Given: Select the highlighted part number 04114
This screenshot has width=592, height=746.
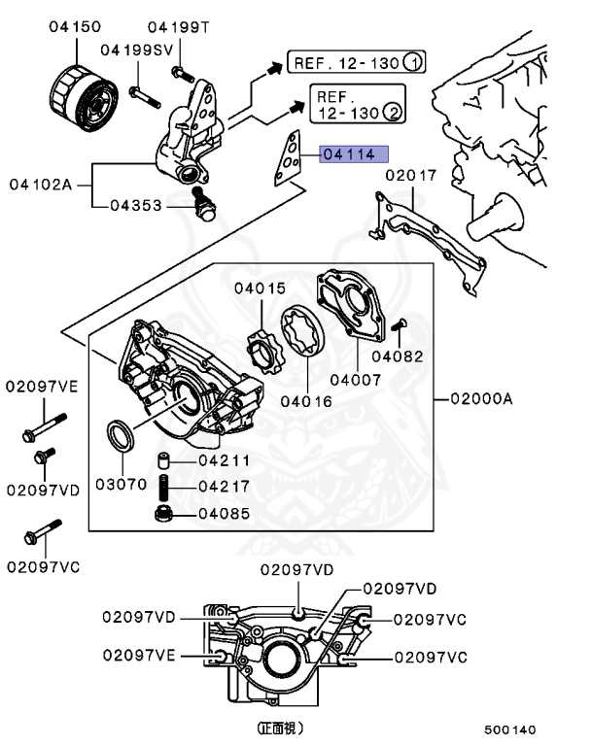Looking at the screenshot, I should tap(355, 153).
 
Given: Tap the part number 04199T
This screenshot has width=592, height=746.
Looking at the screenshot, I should tap(178, 27).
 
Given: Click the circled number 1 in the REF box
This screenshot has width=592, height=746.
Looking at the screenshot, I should tap(413, 64).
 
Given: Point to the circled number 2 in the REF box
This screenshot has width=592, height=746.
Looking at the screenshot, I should tap(393, 113).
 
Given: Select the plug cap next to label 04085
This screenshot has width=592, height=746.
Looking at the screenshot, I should tap(165, 512).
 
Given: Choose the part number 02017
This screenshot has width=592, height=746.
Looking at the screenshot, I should tap(411, 176).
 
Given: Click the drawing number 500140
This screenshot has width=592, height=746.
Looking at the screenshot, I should tap(510, 729).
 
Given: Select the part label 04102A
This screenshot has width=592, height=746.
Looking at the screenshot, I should tap(41, 183).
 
